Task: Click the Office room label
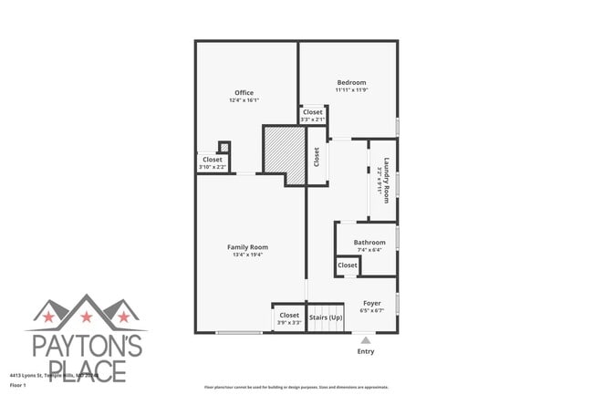pos(244,92)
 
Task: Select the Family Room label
pos(247,246)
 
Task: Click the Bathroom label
pos(369,242)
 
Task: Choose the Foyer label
pos(372,303)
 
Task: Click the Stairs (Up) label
pos(326,317)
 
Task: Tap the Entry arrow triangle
pos(366,338)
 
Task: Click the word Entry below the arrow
pos(366,351)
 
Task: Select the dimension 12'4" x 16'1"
pos(244,100)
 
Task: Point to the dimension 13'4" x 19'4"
pos(247,255)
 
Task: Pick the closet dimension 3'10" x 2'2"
pos(213,167)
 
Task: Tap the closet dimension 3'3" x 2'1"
pos(313,120)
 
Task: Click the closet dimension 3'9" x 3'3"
pos(289,323)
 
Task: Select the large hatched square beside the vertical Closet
pos(282,149)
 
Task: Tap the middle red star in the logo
pos(87,317)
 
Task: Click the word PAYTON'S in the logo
pos(86,346)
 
